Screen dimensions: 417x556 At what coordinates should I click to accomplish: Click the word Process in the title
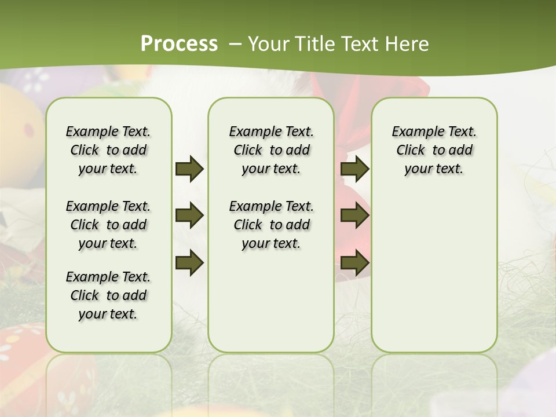[179, 44]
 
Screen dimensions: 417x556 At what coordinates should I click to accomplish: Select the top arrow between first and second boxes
[189, 169]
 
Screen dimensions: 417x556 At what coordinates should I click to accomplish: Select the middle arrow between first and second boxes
[189, 215]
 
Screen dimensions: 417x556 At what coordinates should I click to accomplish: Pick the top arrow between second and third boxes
[354, 169]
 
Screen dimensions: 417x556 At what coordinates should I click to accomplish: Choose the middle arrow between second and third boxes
[354, 215]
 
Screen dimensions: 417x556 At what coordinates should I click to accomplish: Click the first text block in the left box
[108, 150]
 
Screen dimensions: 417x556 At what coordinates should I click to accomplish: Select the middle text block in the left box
[108, 225]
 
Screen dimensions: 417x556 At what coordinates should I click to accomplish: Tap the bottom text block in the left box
[108, 295]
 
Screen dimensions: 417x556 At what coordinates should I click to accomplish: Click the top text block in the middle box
[271, 150]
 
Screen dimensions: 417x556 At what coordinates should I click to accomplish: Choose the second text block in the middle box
[271, 225]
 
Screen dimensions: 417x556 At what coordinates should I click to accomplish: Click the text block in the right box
[434, 150]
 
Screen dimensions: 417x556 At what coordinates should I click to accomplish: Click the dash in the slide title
[235, 44]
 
